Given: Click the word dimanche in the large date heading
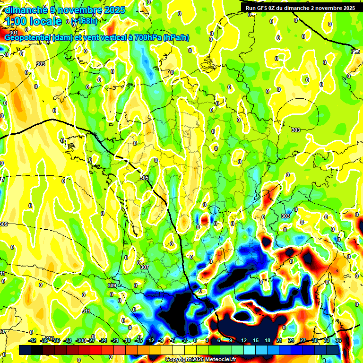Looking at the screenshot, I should [26, 9].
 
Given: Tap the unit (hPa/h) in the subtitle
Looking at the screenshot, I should [176, 37].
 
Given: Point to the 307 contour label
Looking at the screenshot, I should [145, 267].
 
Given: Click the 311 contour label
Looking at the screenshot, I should [86, 311].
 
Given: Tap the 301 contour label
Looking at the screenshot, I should [13, 32].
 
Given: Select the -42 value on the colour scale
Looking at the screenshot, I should [33, 340].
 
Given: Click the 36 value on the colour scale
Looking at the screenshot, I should [338, 340].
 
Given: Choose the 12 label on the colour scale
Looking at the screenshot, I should [244, 340].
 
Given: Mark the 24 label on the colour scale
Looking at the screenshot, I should [291, 340].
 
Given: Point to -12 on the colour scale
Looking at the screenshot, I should [150, 340].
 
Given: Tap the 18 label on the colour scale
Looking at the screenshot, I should [268, 340].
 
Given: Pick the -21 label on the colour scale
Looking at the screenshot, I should [115, 340].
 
